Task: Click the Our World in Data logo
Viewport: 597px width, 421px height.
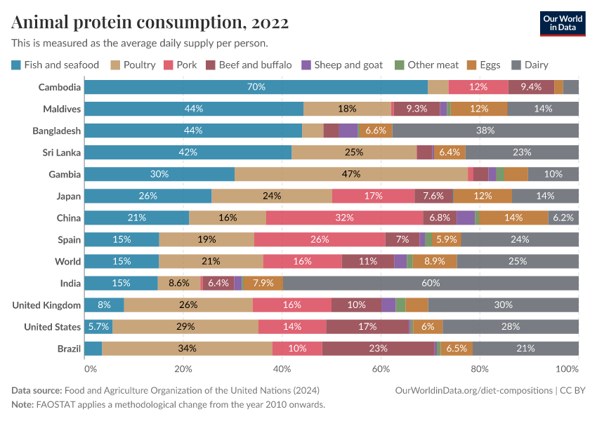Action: [562, 23]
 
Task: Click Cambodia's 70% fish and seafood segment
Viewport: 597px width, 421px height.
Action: [256, 87]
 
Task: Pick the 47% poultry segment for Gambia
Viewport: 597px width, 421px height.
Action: [351, 174]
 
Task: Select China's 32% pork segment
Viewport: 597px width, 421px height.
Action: [344, 218]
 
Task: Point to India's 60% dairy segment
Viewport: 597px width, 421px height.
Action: [431, 283]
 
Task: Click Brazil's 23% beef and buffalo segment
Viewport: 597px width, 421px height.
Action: [379, 348]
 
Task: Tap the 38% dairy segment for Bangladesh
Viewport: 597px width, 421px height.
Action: [485, 131]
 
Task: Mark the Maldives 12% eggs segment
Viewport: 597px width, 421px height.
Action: [479, 109]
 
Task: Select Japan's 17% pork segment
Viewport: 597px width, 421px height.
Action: [374, 196]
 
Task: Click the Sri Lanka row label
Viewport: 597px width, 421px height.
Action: [60, 152]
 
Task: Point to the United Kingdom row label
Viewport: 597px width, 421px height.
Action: [47, 305]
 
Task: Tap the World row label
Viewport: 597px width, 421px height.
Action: [68, 261]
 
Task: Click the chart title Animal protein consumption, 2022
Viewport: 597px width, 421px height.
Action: [150, 22]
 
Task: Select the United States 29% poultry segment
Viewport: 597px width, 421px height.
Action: [185, 326]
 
